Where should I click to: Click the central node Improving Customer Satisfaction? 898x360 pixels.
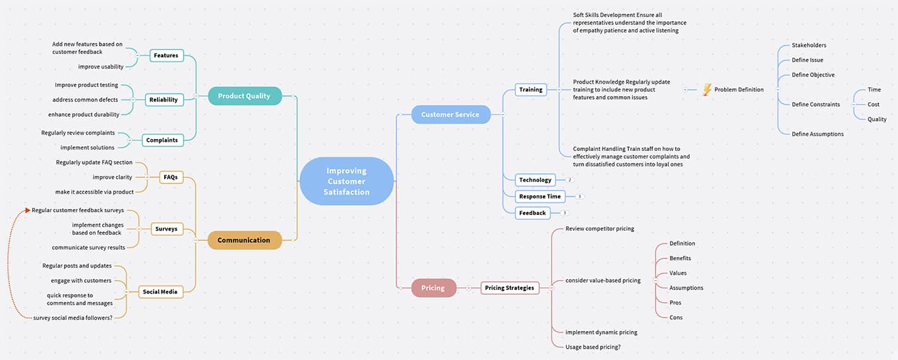pyautogui.click(x=346, y=181)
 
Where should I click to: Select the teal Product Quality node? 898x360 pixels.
pyautogui.click(x=244, y=96)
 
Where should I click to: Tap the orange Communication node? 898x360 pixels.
pyautogui.click(x=244, y=241)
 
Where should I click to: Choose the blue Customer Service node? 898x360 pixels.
pyautogui.click(x=450, y=115)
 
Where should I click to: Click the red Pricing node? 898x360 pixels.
pyautogui.click(x=433, y=288)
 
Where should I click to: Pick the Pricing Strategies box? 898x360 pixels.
pyautogui.click(x=510, y=288)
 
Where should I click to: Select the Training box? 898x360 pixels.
pyautogui.click(x=531, y=90)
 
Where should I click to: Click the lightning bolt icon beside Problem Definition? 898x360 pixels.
pyautogui.click(x=707, y=90)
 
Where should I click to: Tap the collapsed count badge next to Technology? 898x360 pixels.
pyautogui.click(x=570, y=180)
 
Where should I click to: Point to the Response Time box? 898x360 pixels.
pyautogui.click(x=540, y=196)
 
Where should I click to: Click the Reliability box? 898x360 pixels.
pyautogui.click(x=164, y=100)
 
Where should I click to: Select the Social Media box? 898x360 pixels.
pyautogui.click(x=160, y=292)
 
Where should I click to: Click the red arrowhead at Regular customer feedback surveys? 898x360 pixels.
pyautogui.click(x=27, y=210)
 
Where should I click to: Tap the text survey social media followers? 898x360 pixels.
pyautogui.click(x=73, y=318)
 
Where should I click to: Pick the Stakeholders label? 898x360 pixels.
pyautogui.click(x=808, y=45)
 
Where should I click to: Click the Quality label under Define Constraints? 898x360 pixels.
pyautogui.click(x=877, y=119)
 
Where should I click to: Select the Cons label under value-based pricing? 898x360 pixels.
pyautogui.click(x=676, y=318)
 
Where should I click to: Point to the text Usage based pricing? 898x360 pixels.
pyautogui.click(x=593, y=347)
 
